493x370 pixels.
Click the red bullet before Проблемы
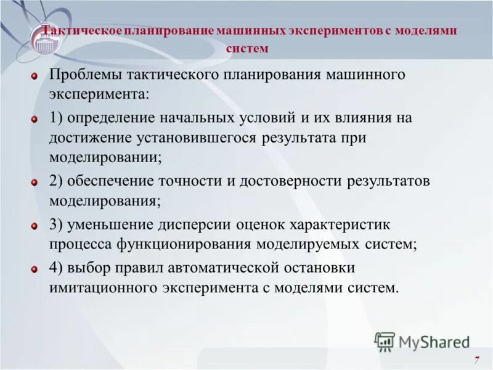36,76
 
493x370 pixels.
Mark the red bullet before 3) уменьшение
36,226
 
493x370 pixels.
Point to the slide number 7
476,360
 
